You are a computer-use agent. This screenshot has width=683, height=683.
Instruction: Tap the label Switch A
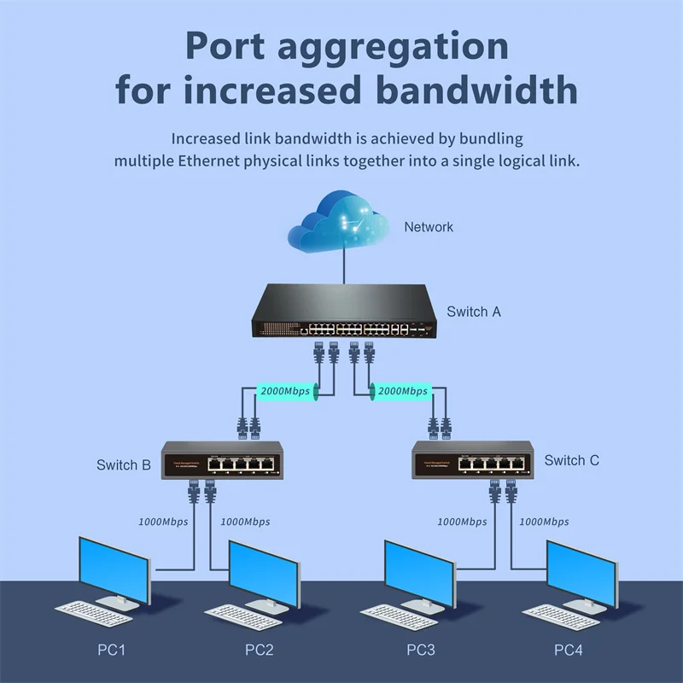tap(474, 312)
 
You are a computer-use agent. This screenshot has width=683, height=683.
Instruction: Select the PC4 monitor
tap(581, 569)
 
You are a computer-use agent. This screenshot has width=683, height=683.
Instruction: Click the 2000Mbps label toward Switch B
tap(285, 391)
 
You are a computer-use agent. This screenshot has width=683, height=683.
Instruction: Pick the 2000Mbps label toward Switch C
tap(402, 391)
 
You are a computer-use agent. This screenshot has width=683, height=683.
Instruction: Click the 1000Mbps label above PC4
tap(544, 521)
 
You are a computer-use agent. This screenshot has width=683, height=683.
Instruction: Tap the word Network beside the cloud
tap(429, 227)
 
